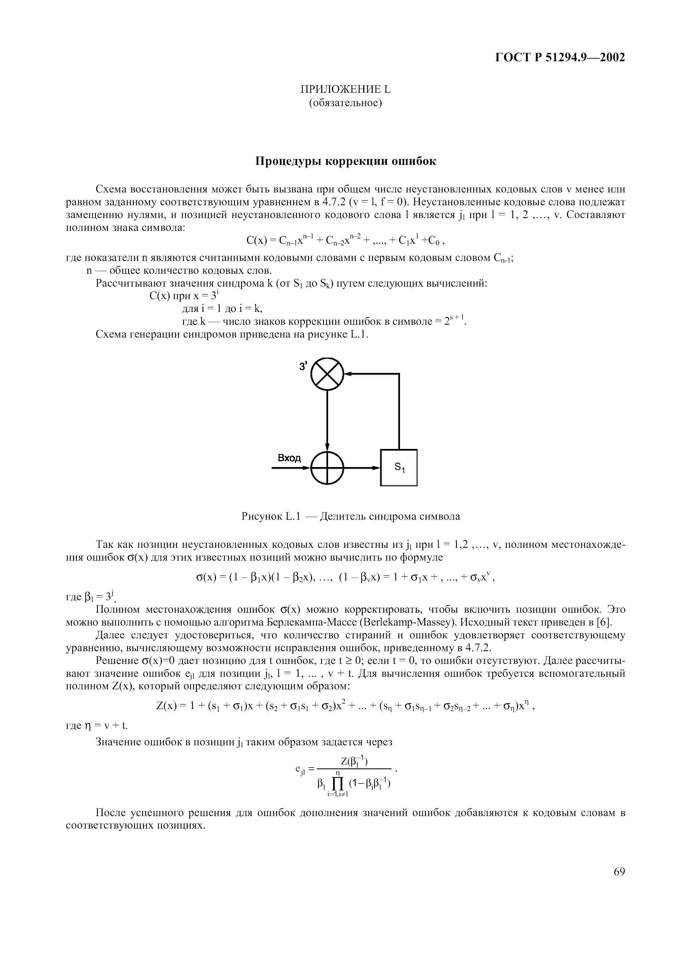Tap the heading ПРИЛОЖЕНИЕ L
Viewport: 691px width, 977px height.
345,89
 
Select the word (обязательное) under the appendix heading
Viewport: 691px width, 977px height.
345,103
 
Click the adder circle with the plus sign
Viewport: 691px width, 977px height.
327,468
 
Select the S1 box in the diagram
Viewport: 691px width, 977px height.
399,468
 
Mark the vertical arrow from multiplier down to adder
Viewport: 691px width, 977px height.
327,421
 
